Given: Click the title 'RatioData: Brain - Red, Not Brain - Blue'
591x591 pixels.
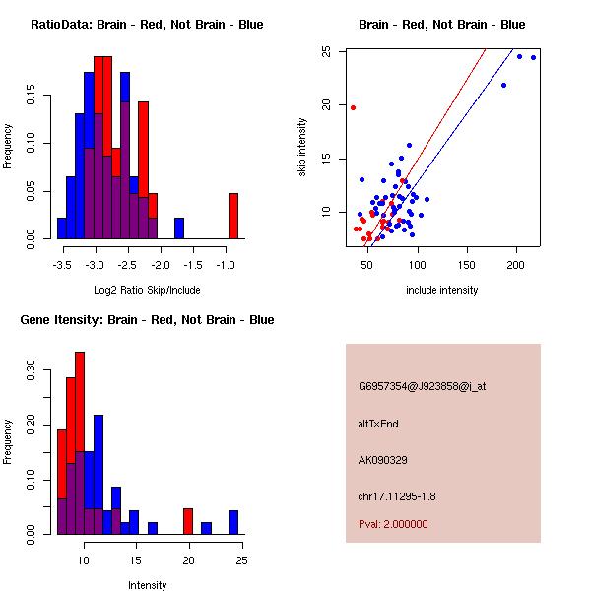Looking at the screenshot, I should (x=147, y=25).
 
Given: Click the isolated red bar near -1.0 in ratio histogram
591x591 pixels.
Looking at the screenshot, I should (x=233, y=216).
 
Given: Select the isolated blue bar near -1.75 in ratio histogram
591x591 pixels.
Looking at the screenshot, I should (x=179, y=229).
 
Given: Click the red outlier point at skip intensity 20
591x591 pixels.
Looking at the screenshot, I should (x=353, y=107).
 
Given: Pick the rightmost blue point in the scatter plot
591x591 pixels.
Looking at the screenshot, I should (x=533, y=57).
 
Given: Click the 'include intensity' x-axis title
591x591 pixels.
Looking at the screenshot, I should (x=441, y=291).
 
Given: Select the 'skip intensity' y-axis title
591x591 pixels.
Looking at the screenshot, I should (x=304, y=148).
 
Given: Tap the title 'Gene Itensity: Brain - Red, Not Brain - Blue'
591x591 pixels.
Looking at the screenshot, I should (x=147, y=320).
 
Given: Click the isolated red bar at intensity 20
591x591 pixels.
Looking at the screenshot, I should (x=188, y=522).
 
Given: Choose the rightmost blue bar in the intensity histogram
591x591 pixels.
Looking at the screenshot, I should (x=233, y=522).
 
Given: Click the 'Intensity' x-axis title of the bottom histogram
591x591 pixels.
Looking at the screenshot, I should (x=148, y=585).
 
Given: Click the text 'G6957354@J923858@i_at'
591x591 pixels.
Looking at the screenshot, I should (x=422, y=386).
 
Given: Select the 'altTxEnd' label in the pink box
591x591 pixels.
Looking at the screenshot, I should (x=378, y=424).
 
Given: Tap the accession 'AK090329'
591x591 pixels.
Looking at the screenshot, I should (x=383, y=460).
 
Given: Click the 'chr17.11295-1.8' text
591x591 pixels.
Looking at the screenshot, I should (x=397, y=495).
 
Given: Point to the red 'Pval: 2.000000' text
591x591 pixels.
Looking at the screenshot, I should (x=394, y=525).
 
